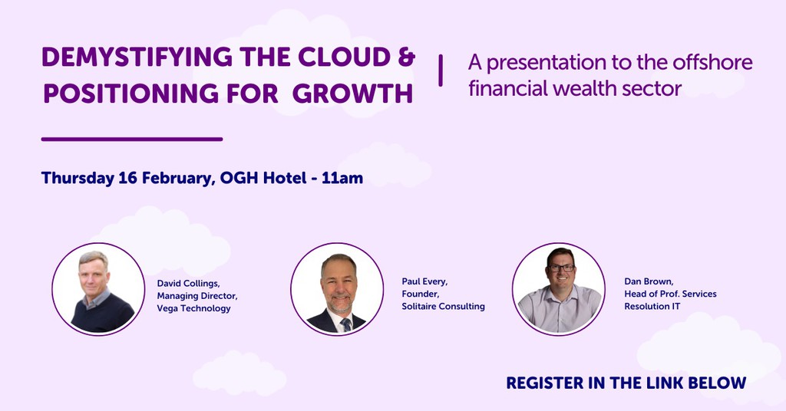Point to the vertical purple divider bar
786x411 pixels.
click(441, 71)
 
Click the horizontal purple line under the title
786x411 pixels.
click(131, 140)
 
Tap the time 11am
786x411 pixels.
click(343, 178)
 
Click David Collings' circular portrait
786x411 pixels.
click(97, 289)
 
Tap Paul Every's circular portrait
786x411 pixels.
click(337, 289)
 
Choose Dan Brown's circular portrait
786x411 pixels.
click(558, 289)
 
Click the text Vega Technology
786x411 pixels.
click(193, 308)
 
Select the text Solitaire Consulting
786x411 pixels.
click(443, 306)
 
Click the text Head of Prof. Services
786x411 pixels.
click(670, 294)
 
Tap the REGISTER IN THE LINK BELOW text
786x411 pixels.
click(626, 383)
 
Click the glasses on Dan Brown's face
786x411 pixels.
click(561, 268)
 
